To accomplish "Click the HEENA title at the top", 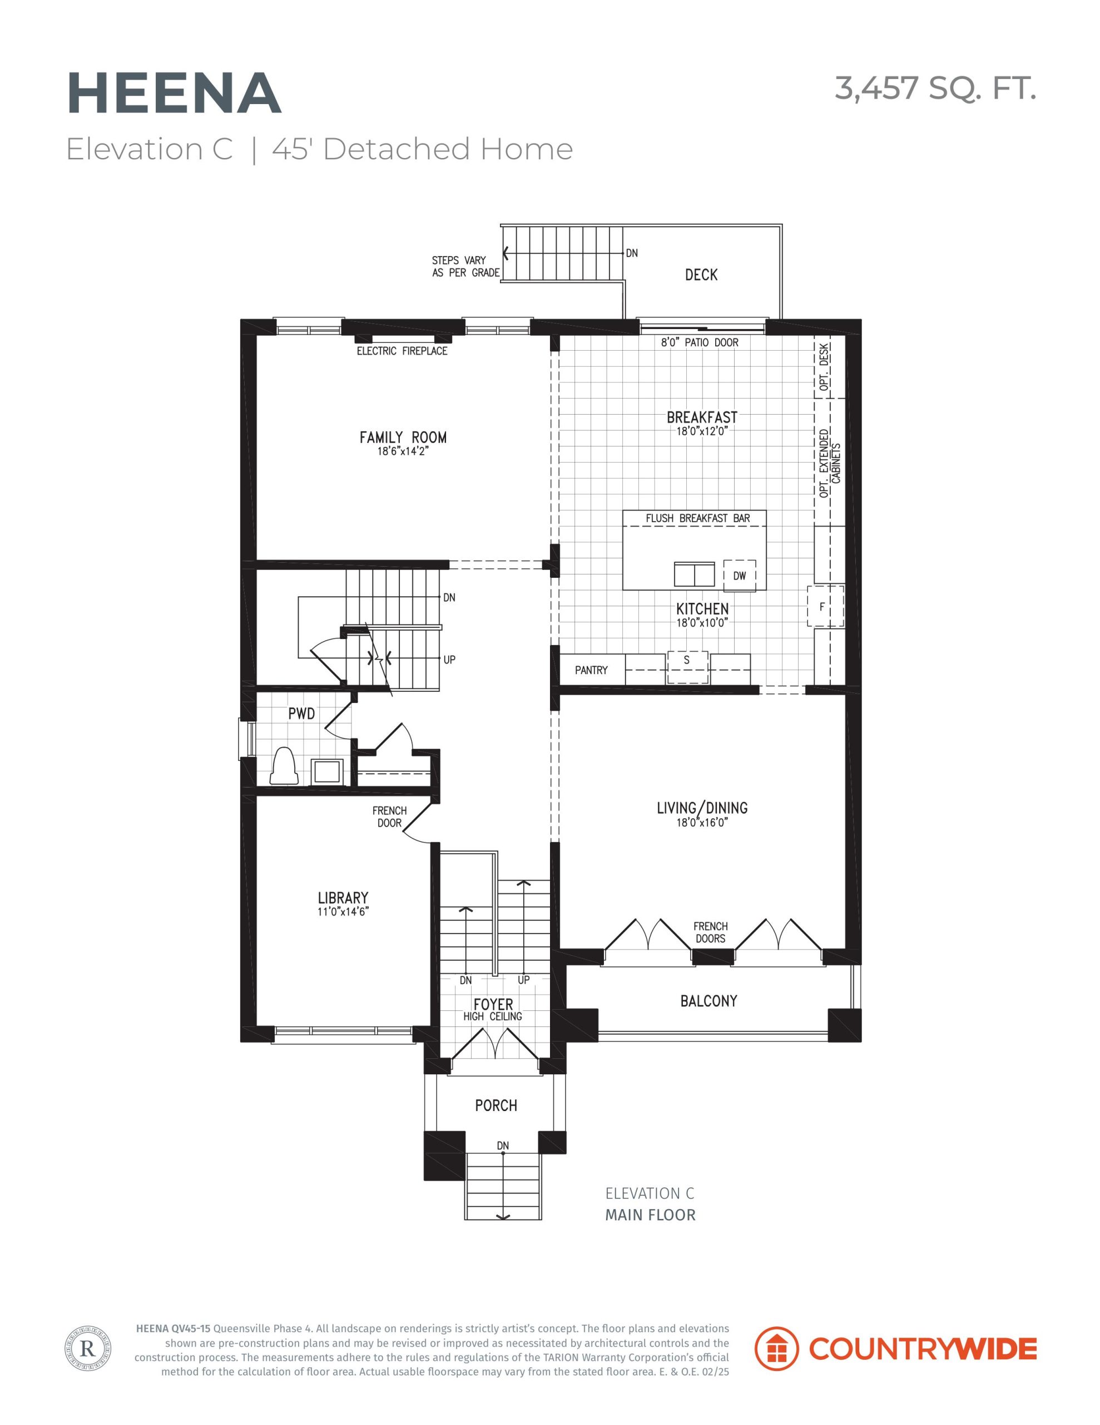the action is pos(174,94).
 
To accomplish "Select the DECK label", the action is pos(701,274).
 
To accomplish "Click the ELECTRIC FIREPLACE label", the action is pos(402,351).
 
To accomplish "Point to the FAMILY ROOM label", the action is pos(403,437).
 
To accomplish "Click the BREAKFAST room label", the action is pos(702,417).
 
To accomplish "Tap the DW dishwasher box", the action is pos(740,576).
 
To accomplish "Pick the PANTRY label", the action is pos(591,670).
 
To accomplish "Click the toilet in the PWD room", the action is pos(284,765).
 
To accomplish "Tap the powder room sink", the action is pos(326,770).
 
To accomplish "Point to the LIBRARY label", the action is pos(343,898).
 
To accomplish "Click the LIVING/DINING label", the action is pos(702,808).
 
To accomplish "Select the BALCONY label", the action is pos(709,1001).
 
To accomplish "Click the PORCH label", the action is pos(496,1105).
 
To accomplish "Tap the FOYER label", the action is pos(493,1004).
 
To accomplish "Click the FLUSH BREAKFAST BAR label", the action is pos(698,518).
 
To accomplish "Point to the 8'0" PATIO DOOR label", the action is pos(700,342).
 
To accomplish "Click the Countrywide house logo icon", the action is pos(776,1348).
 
